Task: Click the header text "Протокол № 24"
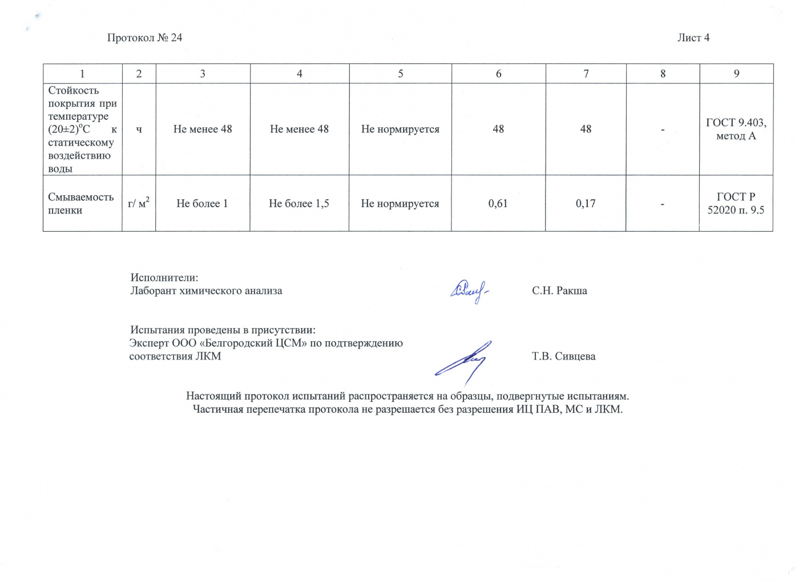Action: (144, 38)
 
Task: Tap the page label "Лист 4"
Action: (693, 38)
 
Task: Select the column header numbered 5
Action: (401, 74)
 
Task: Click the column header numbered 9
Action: (737, 74)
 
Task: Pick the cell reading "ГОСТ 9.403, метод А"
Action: (736, 129)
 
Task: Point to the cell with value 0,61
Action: (498, 203)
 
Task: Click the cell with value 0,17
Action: (586, 203)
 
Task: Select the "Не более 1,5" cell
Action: (299, 203)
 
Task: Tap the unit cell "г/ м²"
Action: (139, 203)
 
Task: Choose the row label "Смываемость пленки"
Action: (81, 203)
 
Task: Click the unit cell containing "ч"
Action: (139, 129)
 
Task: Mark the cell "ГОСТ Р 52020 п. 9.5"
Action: (736, 203)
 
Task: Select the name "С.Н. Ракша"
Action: (559, 290)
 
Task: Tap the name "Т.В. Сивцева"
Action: (563, 356)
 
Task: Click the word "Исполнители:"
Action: (164, 277)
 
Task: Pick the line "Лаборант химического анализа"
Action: (206, 290)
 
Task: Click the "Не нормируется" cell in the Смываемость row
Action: (400, 203)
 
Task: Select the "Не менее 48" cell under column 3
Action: (203, 129)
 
